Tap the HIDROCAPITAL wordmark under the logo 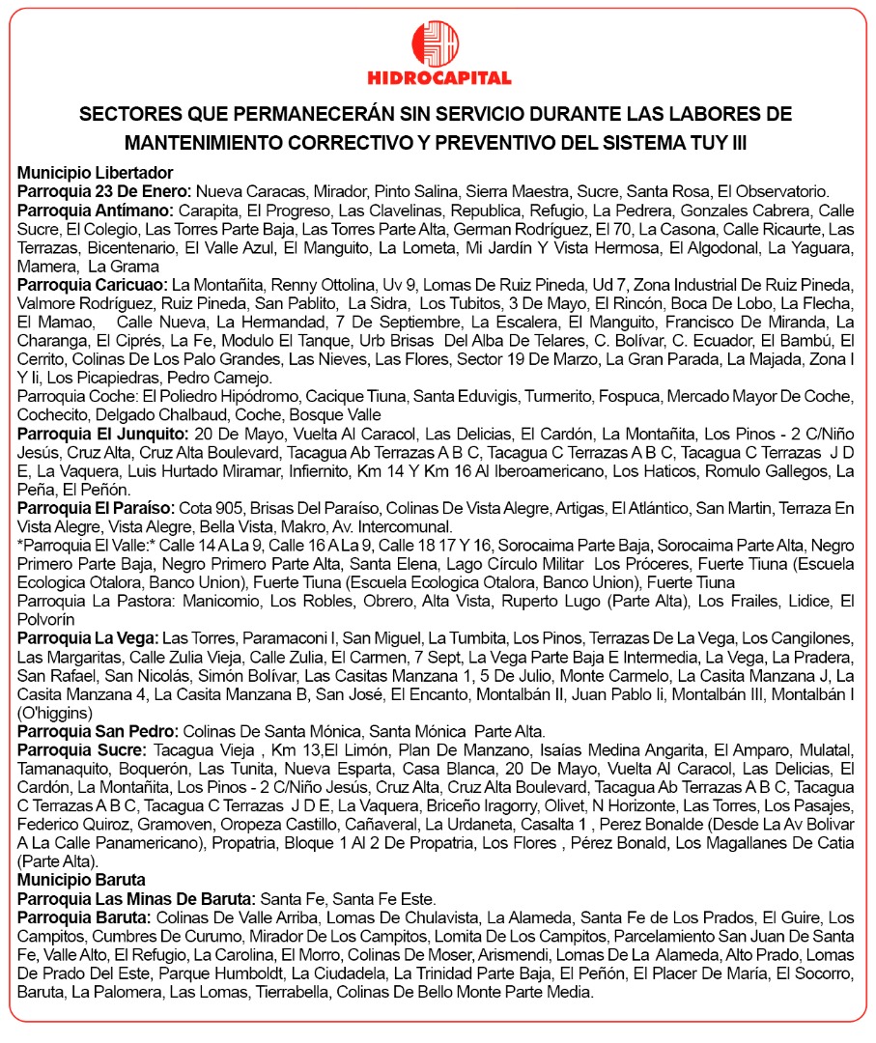438,78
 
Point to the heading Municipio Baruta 81,880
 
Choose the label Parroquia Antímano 95,210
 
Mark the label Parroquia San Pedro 98,730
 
